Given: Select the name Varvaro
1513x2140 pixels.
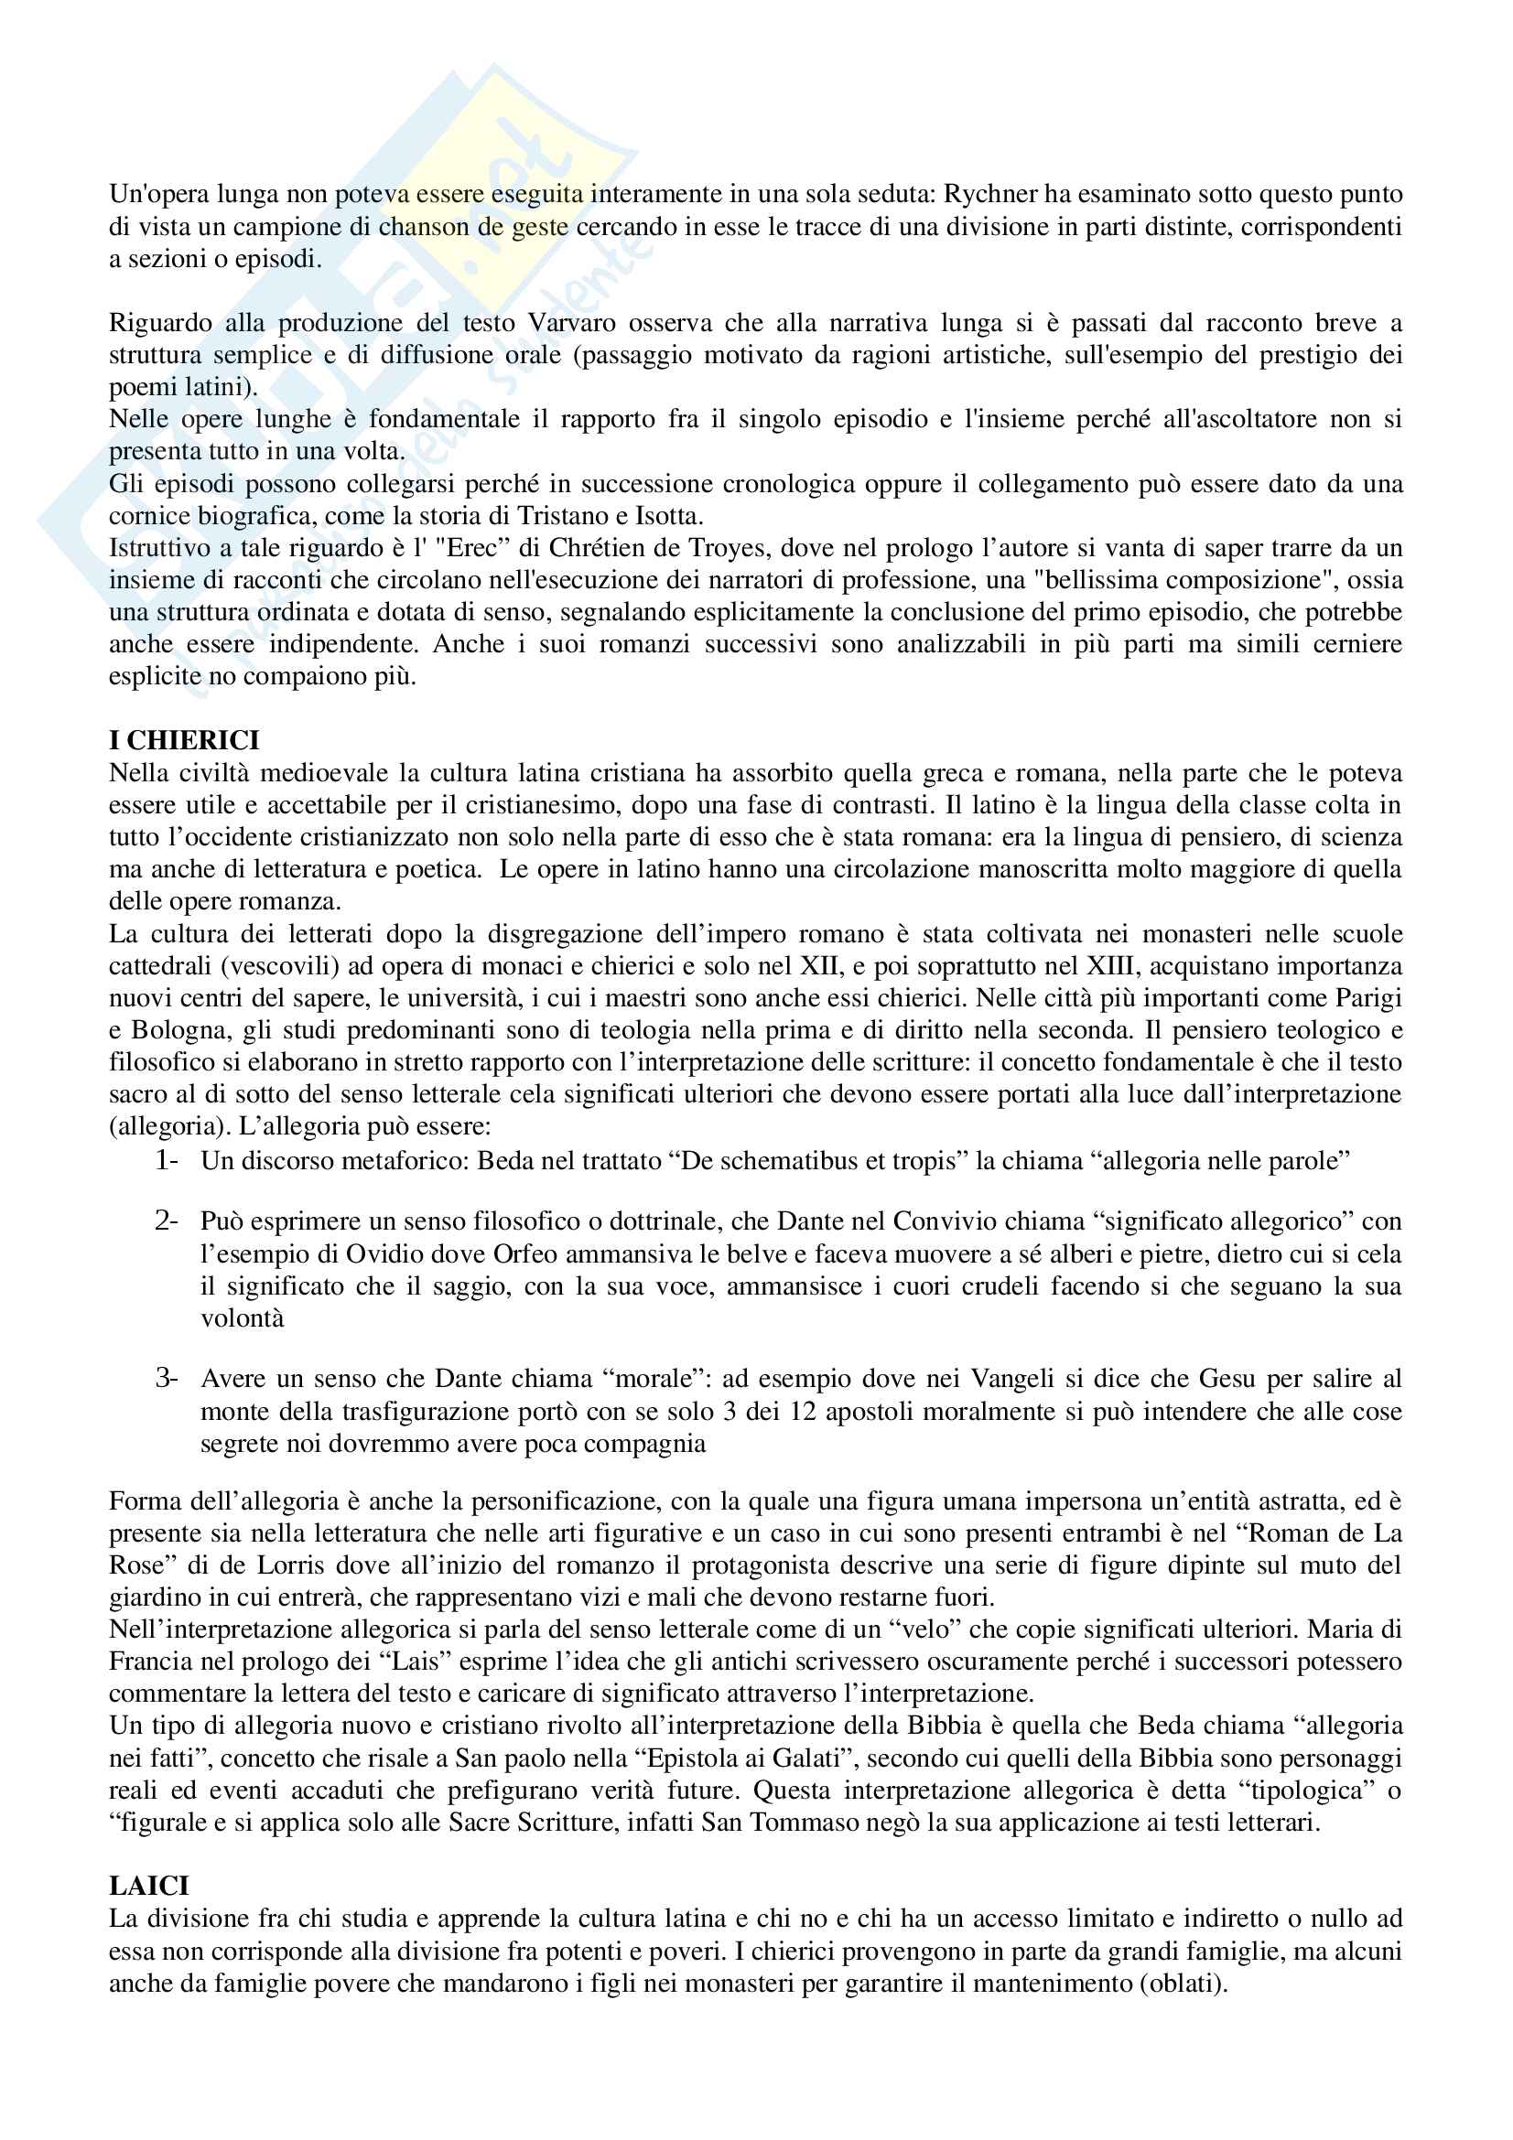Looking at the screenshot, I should [x=571, y=322].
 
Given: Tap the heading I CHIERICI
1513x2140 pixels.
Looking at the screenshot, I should [x=184, y=740].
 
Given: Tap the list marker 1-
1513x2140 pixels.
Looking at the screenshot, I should [x=167, y=1160].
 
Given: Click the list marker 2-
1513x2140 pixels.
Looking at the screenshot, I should [x=167, y=1221].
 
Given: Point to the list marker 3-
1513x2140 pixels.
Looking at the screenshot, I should [x=167, y=1378].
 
